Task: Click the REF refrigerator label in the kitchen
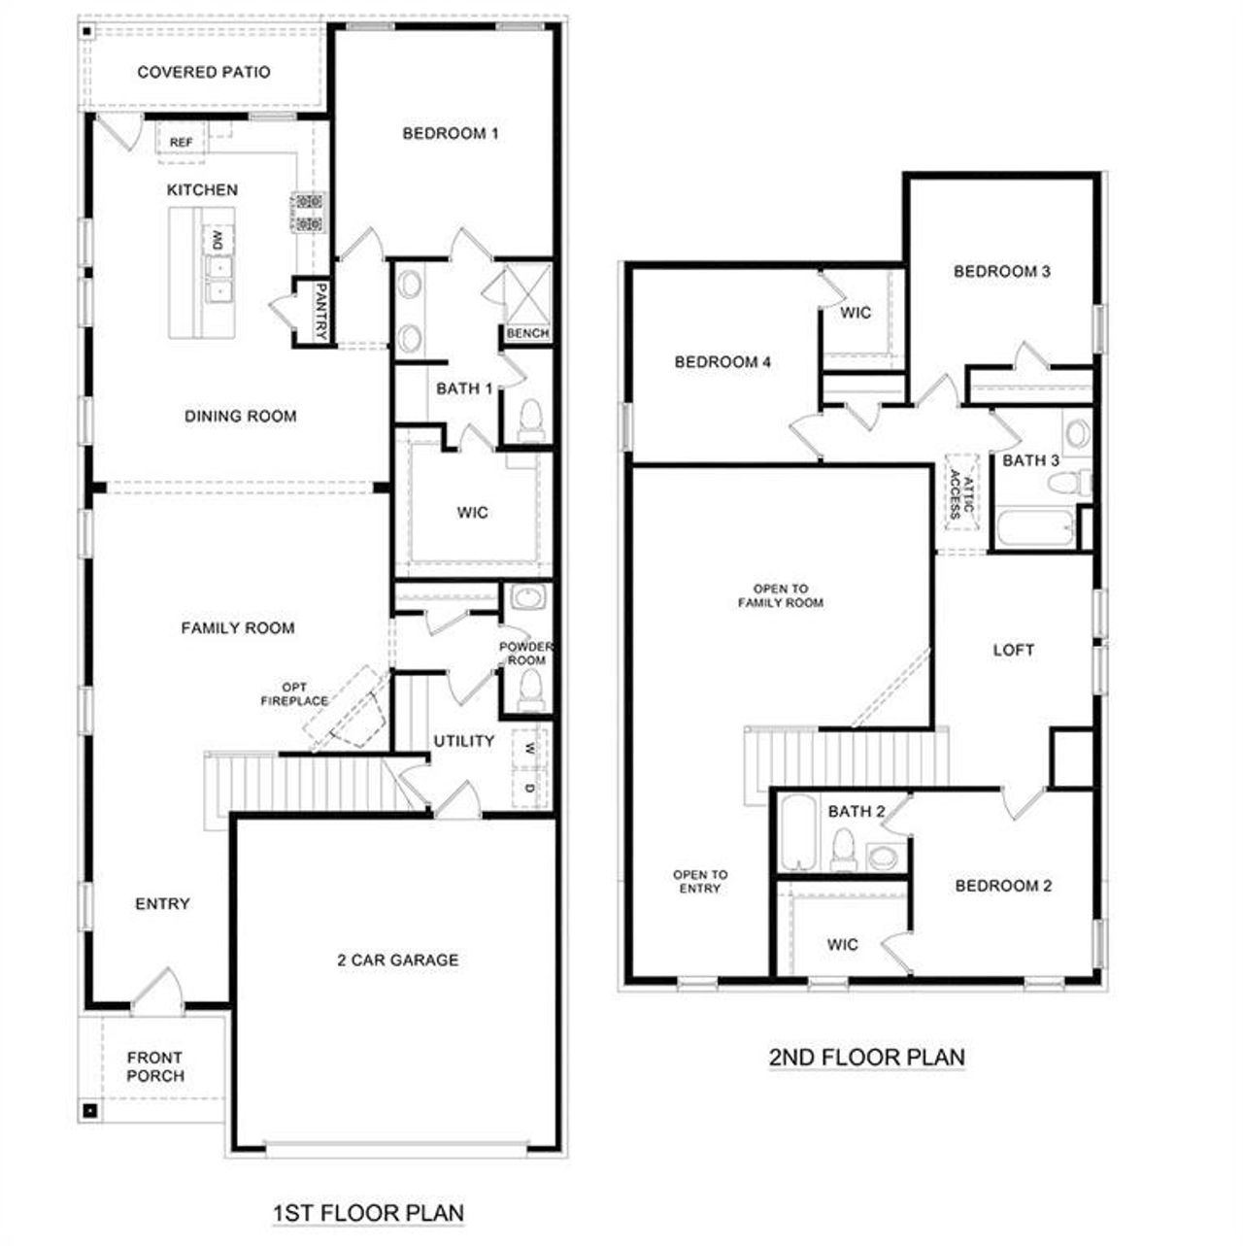click(x=181, y=143)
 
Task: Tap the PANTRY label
click(x=320, y=312)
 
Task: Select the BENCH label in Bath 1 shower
click(x=527, y=333)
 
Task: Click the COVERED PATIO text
click(x=204, y=72)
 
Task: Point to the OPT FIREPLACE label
click(x=294, y=694)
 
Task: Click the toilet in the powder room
click(x=529, y=690)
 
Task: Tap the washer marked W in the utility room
click(x=529, y=749)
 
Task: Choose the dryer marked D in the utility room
click(x=529, y=788)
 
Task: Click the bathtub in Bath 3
click(x=1034, y=530)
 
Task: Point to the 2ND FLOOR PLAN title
click(x=867, y=1057)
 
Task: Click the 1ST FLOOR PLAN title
click(x=368, y=1213)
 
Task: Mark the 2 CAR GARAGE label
click(x=397, y=960)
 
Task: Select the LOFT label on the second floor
click(x=1013, y=651)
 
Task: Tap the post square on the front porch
click(x=89, y=1109)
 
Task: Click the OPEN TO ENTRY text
click(x=700, y=882)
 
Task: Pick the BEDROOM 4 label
click(x=722, y=362)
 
